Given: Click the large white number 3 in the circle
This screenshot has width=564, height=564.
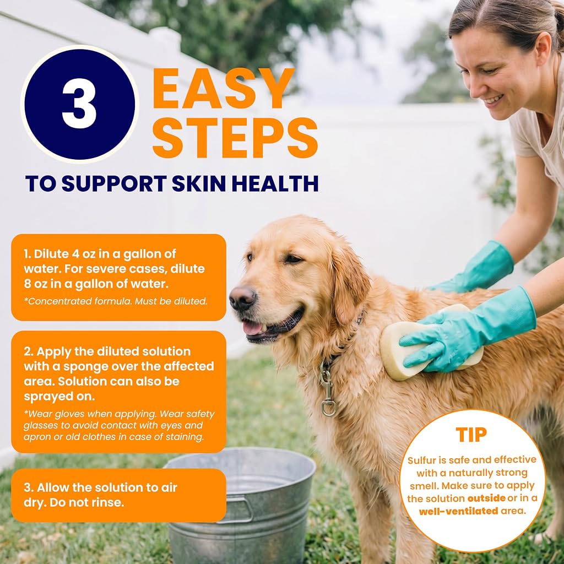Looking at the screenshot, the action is tap(79, 104).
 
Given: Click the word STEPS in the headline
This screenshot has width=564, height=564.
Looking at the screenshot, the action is tap(235, 138).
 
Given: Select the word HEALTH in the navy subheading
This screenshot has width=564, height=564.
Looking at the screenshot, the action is tap(275, 183).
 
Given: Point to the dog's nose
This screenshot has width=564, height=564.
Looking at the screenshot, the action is tap(242, 297).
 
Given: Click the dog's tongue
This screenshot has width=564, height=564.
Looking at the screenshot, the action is tap(253, 328).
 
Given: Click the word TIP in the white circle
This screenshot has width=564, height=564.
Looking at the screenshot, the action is tap(471, 435).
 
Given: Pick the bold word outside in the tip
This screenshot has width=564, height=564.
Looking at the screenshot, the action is tap(486, 498).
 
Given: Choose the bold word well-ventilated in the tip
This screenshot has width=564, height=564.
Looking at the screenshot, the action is tap(459, 511).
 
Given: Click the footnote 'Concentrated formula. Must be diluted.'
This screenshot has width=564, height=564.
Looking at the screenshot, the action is tap(116, 301).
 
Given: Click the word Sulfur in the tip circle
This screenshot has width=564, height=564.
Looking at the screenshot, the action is tap(421, 460).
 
